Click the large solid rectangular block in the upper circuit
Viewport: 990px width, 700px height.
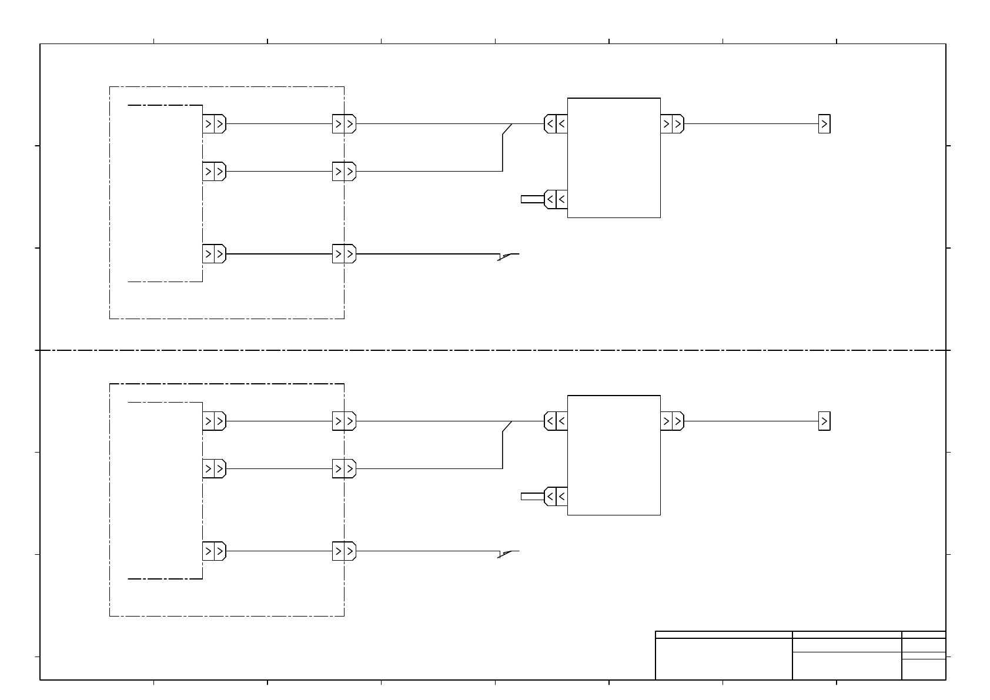click(x=613, y=158)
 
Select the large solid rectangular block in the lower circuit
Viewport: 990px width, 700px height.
click(x=613, y=455)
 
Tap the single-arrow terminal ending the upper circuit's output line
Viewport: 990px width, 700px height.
click(x=824, y=124)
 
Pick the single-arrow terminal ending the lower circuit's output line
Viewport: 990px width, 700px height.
click(x=824, y=421)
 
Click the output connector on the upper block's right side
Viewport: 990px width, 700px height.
click(x=672, y=124)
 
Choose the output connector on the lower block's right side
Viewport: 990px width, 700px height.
click(x=672, y=421)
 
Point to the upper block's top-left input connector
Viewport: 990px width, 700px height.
click(x=556, y=124)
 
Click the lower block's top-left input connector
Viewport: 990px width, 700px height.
click(x=556, y=421)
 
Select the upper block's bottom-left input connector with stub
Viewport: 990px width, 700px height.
click(x=556, y=199)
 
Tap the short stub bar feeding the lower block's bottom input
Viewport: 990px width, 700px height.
click(x=532, y=497)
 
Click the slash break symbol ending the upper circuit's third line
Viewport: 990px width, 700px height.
click(x=508, y=256)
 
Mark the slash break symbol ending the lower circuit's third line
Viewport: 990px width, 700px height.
click(x=508, y=553)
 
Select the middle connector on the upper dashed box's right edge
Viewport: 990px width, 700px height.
click(x=344, y=172)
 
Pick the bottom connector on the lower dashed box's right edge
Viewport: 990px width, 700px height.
click(x=344, y=551)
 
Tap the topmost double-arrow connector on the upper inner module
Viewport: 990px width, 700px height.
click(x=214, y=124)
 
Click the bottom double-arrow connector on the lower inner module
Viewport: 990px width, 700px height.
click(x=214, y=551)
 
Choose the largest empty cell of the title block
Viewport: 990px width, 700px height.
click(x=723, y=659)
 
